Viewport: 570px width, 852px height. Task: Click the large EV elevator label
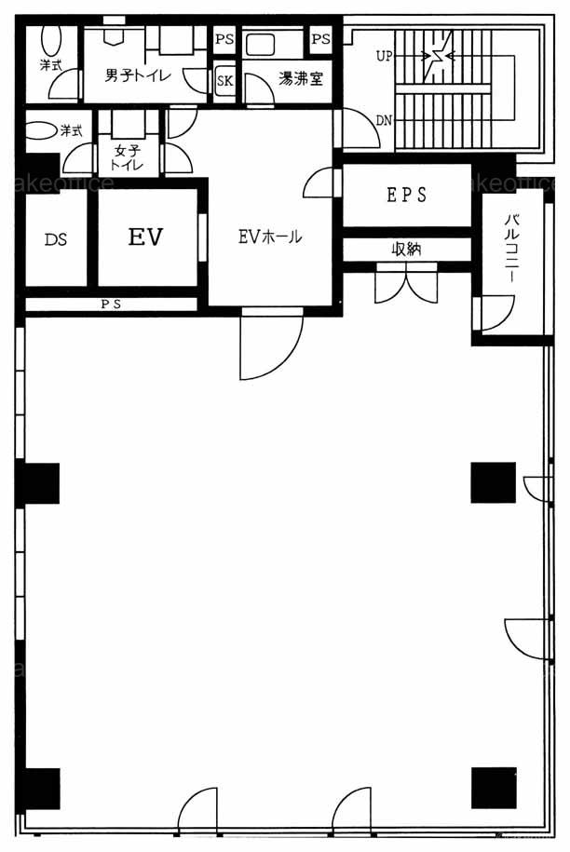(145, 237)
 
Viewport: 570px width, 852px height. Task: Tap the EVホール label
(270, 237)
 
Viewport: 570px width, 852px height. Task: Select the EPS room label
(407, 195)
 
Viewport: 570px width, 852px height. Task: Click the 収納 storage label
(406, 249)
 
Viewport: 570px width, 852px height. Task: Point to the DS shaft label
(56, 239)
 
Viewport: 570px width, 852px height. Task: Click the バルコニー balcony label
(512, 249)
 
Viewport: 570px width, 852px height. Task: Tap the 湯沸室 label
(301, 79)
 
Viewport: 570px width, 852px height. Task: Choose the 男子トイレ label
(138, 75)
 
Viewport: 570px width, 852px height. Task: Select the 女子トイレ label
(128, 157)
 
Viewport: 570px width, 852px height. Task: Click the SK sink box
(225, 80)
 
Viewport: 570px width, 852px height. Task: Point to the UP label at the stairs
(384, 56)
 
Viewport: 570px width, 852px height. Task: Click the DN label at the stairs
(384, 120)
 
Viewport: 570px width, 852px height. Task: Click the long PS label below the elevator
(111, 304)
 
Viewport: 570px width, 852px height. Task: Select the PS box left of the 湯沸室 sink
(224, 39)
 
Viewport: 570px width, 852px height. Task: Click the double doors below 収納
(406, 284)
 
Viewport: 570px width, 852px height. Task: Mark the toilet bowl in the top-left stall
(51, 40)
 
